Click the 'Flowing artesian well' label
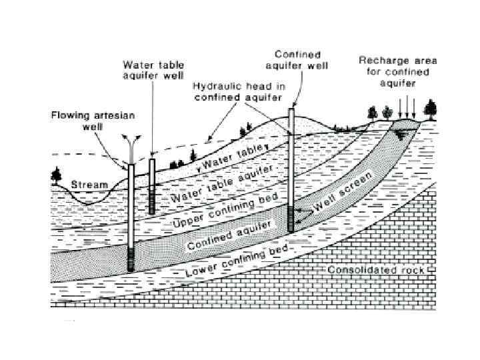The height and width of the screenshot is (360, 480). tap(93, 120)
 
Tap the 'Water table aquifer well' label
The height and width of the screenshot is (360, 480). tap(153, 70)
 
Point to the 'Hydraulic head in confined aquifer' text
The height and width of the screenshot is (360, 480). tap(230, 91)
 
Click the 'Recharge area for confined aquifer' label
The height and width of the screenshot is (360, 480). tap(388, 71)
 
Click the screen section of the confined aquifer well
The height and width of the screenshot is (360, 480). tap(291, 218)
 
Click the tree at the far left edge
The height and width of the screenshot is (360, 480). tap(55, 177)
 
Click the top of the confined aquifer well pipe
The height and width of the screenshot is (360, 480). tap(291, 110)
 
